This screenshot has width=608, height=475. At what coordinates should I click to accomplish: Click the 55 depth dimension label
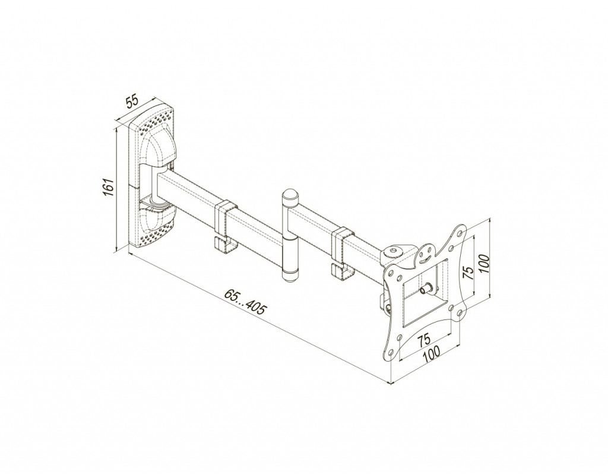[x=132, y=101]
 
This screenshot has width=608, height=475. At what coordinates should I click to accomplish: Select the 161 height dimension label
[x=108, y=188]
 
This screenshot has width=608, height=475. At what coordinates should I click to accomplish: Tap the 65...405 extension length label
[x=245, y=301]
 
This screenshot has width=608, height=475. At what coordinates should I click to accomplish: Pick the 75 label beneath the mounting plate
[x=424, y=339]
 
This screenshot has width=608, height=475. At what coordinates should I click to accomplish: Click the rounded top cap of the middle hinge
[x=290, y=195]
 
